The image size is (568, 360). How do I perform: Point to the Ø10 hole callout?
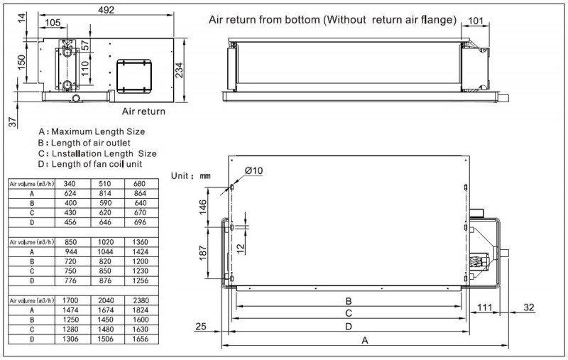(254, 171)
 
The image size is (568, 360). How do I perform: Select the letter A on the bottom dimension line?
(365, 341)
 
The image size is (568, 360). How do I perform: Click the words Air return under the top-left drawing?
(143, 111)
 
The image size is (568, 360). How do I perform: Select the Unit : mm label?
(192, 175)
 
